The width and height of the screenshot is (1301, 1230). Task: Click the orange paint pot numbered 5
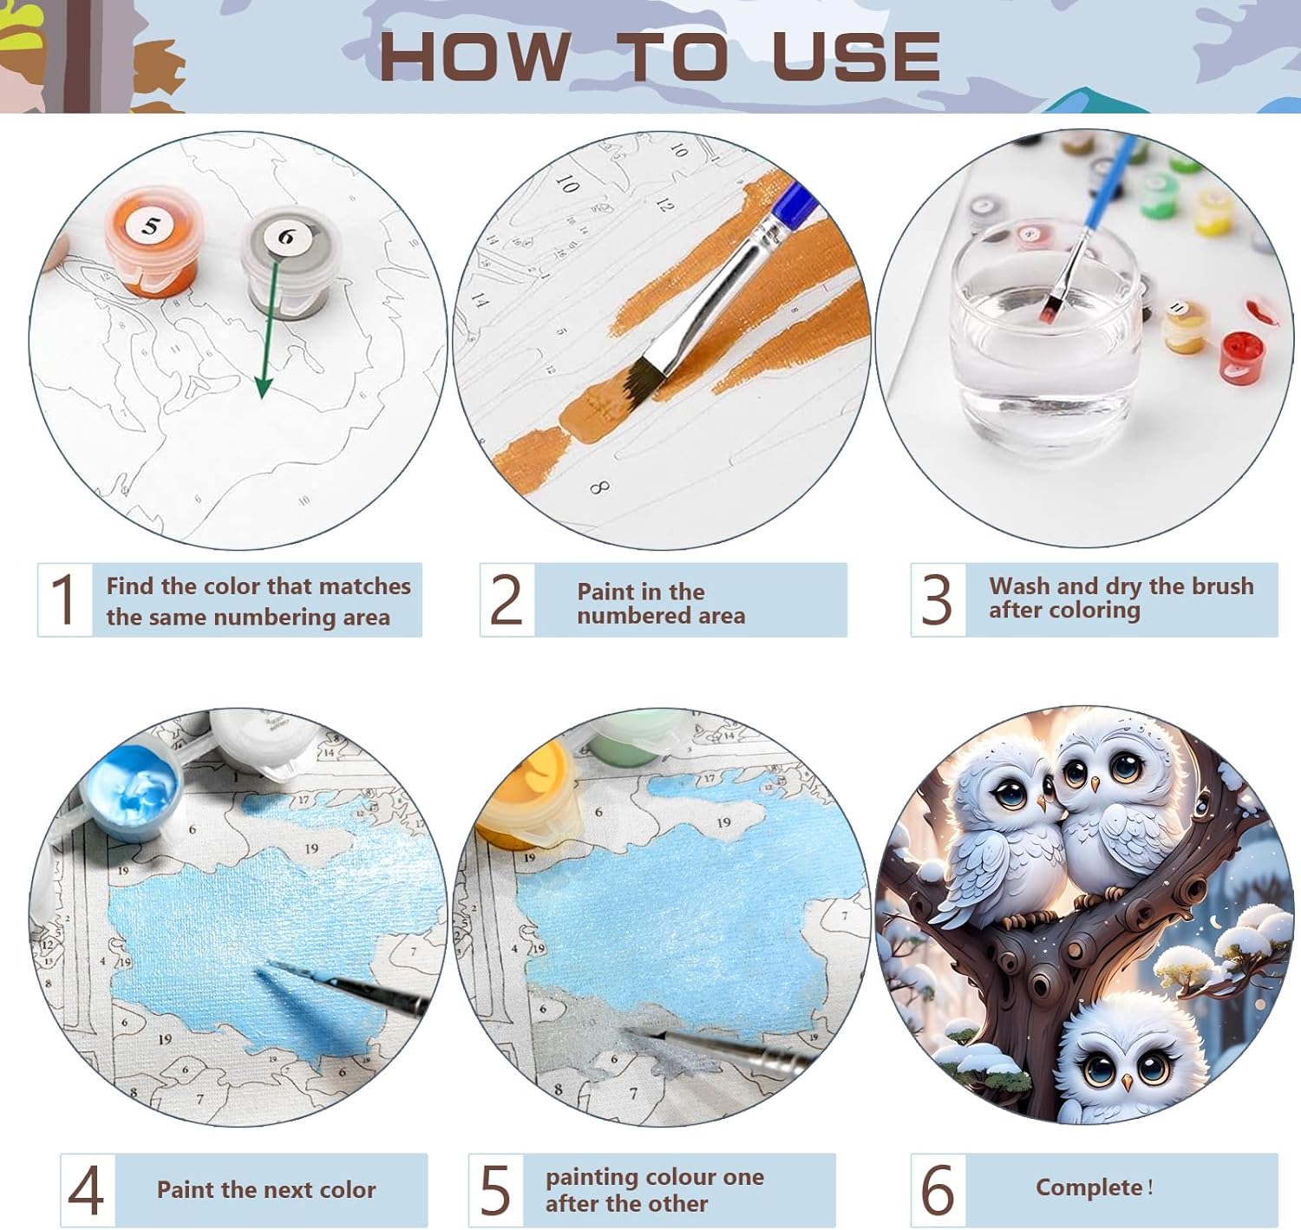pos(153,242)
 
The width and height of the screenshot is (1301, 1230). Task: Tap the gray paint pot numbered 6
pos(291,261)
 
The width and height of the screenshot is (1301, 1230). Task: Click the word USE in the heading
pos(856,57)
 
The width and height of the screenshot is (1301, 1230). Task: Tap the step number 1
pos(64,599)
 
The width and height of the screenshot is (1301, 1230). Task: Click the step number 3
pos(937,599)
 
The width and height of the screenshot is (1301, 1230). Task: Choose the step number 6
pos(938,1190)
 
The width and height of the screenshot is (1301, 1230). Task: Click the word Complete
pos(1089,1187)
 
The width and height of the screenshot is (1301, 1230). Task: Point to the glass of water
pos(1045,344)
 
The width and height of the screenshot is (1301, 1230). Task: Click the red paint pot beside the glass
pos(1241,358)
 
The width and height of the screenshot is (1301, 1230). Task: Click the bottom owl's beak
pos(1127,1083)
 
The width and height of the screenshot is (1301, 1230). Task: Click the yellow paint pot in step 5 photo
pos(529,795)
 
